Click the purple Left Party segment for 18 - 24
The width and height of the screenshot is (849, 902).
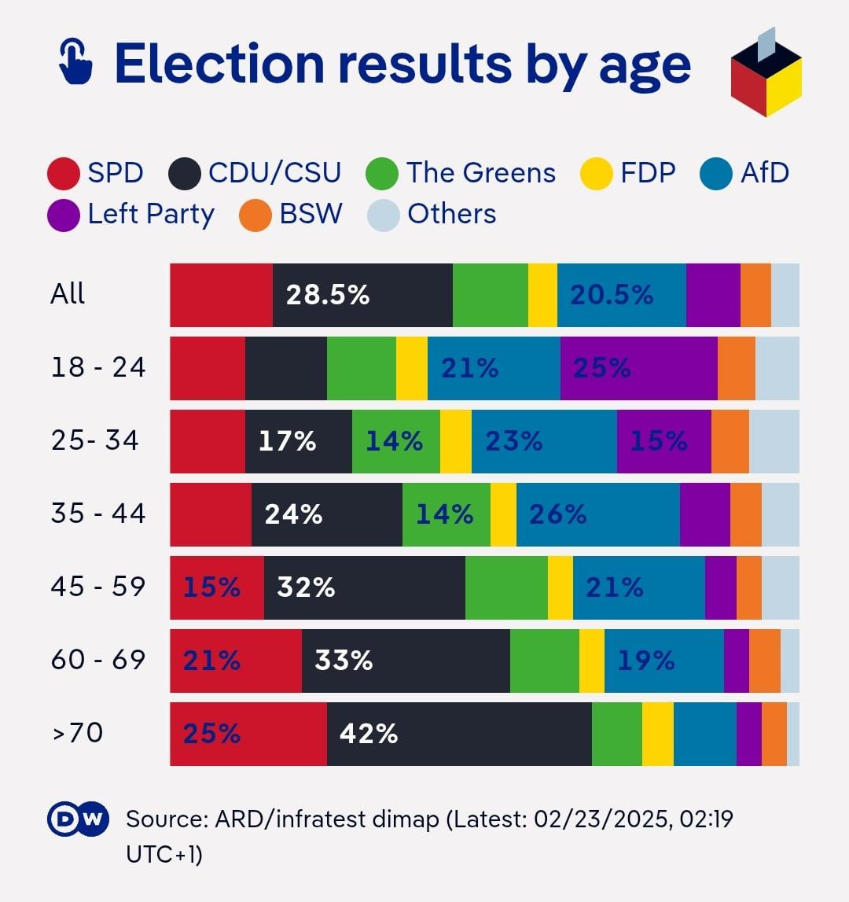pos(638,368)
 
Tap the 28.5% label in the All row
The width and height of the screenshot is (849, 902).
pos(327,295)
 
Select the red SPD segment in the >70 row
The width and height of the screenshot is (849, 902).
pos(248,734)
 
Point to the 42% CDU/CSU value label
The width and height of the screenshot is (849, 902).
pos(369,734)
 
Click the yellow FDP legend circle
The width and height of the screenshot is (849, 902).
pos(597,174)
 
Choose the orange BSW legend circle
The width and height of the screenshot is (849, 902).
pos(255,215)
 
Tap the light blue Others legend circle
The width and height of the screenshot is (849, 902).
pos(384,215)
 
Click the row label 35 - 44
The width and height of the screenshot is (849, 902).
pos(98,514)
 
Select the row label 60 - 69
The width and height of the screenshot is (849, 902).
pos(98,660)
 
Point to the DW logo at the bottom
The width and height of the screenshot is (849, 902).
pos(76,820)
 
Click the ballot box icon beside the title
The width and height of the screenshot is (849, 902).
pos(766,75)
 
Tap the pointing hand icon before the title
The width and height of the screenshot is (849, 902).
pos(76,62)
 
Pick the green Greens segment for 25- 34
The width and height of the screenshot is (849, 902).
pos(395,441)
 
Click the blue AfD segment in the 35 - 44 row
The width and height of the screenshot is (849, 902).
pos(597,514)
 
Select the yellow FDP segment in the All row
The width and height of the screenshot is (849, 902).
pos(542,295)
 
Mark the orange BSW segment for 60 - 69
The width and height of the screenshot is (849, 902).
pos(764,661)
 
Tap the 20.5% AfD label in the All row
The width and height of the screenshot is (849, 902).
pos(612,295)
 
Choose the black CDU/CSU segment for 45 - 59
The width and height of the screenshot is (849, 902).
pos(364,587)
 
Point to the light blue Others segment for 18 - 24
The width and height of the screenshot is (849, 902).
pos(777,368)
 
